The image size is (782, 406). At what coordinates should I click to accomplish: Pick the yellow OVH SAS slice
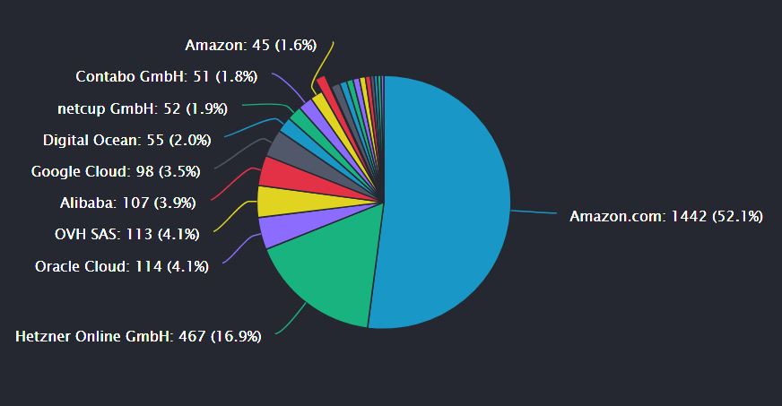click(275, 201)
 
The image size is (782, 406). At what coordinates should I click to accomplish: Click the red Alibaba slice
click(278, 172)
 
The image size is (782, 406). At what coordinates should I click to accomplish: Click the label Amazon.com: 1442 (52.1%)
click(665, 216)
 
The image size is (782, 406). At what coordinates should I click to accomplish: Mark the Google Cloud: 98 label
click(115, 171)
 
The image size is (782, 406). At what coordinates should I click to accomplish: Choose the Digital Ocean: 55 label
click(126, 140)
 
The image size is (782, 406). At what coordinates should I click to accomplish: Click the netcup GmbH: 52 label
click(142, 108)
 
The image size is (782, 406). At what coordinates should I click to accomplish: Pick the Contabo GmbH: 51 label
click(167, 77)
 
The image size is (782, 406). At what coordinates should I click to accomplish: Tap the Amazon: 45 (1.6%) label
click(250, 45)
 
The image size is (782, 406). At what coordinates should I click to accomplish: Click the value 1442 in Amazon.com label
click(691, 216)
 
